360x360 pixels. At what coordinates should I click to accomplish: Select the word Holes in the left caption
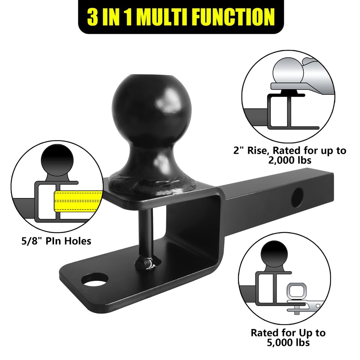[77, 240]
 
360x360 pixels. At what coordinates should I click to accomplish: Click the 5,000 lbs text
[288, 342]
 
